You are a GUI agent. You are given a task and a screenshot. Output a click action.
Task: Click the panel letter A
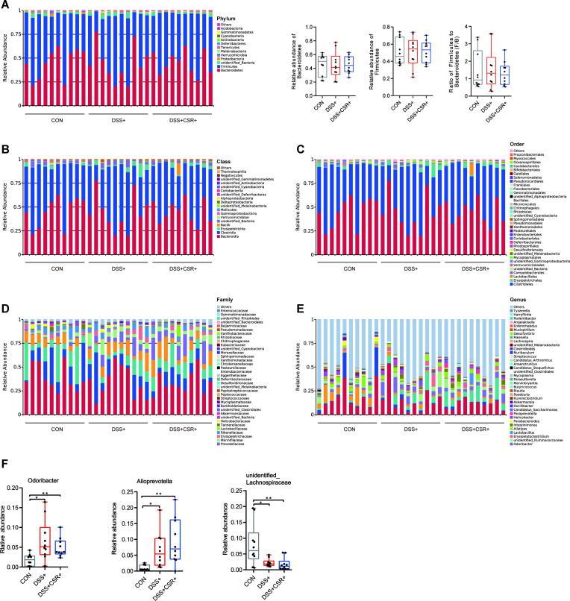click(4, 4)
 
